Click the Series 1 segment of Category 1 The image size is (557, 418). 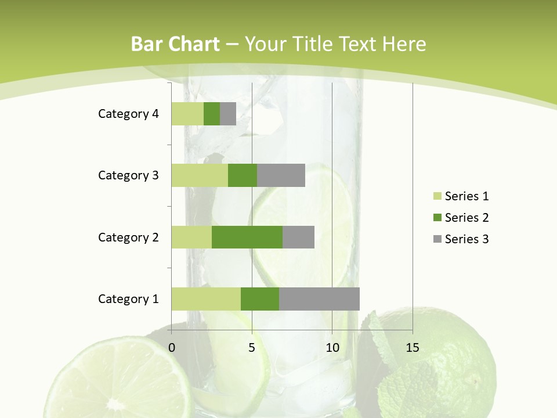(x=206, y=298)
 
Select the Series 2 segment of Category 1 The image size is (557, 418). (x=260, y=298)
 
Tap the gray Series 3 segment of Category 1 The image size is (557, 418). (x=319, y=298)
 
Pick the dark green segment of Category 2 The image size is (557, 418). (x=247, y=237)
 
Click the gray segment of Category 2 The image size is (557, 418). (x=298, y=237)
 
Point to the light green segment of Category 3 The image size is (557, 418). (x=200, y=175)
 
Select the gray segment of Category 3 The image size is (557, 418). (x=281, y=175)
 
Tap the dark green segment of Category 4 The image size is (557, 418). (x=212, y=114)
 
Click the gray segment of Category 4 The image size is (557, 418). (x=228, y=114)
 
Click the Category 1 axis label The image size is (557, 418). (x=128, y=299)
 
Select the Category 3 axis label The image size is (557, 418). (x=128, y=175)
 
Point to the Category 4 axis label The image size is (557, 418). (x=128, y=114)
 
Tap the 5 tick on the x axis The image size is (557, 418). (x=252, y=348)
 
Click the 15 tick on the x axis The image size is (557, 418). (x=413, y=348)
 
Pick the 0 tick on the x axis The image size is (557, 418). (x=172, y=348)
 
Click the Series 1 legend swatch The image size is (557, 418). (x=437, y=196)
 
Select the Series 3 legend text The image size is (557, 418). (x=466, y=239)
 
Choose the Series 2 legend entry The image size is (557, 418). (x=461, y=218)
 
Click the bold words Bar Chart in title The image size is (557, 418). (x=175, y=44)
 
